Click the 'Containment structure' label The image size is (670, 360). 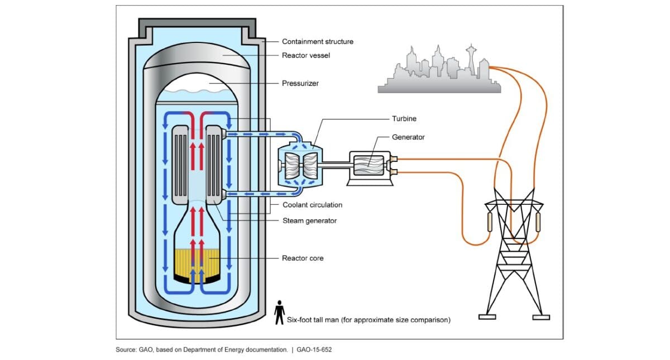click(x=317, y=41)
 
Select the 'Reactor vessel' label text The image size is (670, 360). click(x=306, y=55)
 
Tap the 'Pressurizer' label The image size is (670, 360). click(x=300, y=83)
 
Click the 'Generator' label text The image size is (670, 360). click(x=408, y=137)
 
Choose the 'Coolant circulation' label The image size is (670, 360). click(x=312, y=205)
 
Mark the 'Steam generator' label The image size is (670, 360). click(x=309, y=220)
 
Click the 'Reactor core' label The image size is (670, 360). click(x=303, y=258)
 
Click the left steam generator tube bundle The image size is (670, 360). click(x=180, y=164)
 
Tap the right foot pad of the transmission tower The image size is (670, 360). click(x=541, y=318)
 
